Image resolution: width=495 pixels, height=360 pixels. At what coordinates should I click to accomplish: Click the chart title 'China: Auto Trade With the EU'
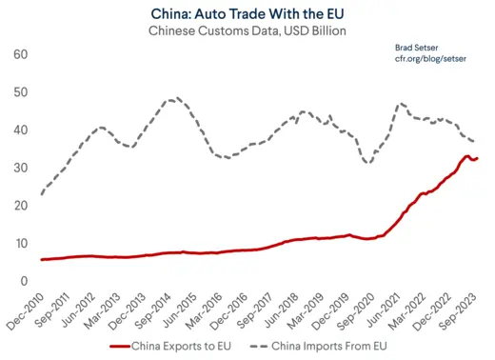point(247,13)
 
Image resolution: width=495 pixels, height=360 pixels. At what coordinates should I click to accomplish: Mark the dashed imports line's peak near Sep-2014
point(173,98)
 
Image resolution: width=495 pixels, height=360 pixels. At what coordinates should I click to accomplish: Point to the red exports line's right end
point(478,158)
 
